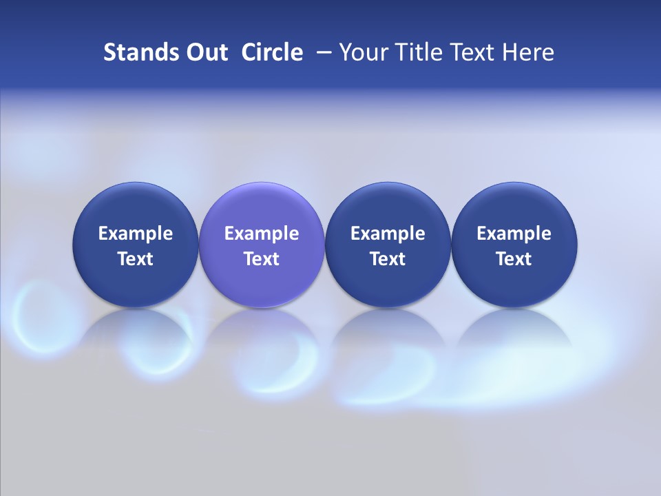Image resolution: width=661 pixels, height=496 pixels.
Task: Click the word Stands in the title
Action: (x=134, y=52)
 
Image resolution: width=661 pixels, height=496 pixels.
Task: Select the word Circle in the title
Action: (x=272, y=52)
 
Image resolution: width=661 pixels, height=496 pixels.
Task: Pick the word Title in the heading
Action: (x=415, y=52)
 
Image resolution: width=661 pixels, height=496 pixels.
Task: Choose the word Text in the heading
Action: (x=470, y=52)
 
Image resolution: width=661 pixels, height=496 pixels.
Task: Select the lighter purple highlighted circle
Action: (x=262, y=207)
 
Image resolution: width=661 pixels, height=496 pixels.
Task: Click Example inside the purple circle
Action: (x=262, y=234)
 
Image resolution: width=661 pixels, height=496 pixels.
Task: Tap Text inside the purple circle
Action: (x=262, y=259)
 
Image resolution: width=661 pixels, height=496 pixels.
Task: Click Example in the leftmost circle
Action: (x=136, y=234)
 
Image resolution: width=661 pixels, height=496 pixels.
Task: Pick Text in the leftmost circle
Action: (x=136, y=259)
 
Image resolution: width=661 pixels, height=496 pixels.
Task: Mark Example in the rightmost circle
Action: (x=514, y=234)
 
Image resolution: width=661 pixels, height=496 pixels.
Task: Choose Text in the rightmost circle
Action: (x=514, y=259)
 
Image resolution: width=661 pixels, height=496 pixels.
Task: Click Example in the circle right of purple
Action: (x=388, y=234)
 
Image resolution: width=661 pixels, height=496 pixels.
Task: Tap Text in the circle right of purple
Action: (x=388, y=259)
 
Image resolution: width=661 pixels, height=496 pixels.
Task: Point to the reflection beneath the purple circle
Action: (x=262, y=331)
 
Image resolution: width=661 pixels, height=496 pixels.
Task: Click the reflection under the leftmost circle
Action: (x=136, y=331)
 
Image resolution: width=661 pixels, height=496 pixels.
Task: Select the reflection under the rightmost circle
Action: (x=514, y=331)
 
